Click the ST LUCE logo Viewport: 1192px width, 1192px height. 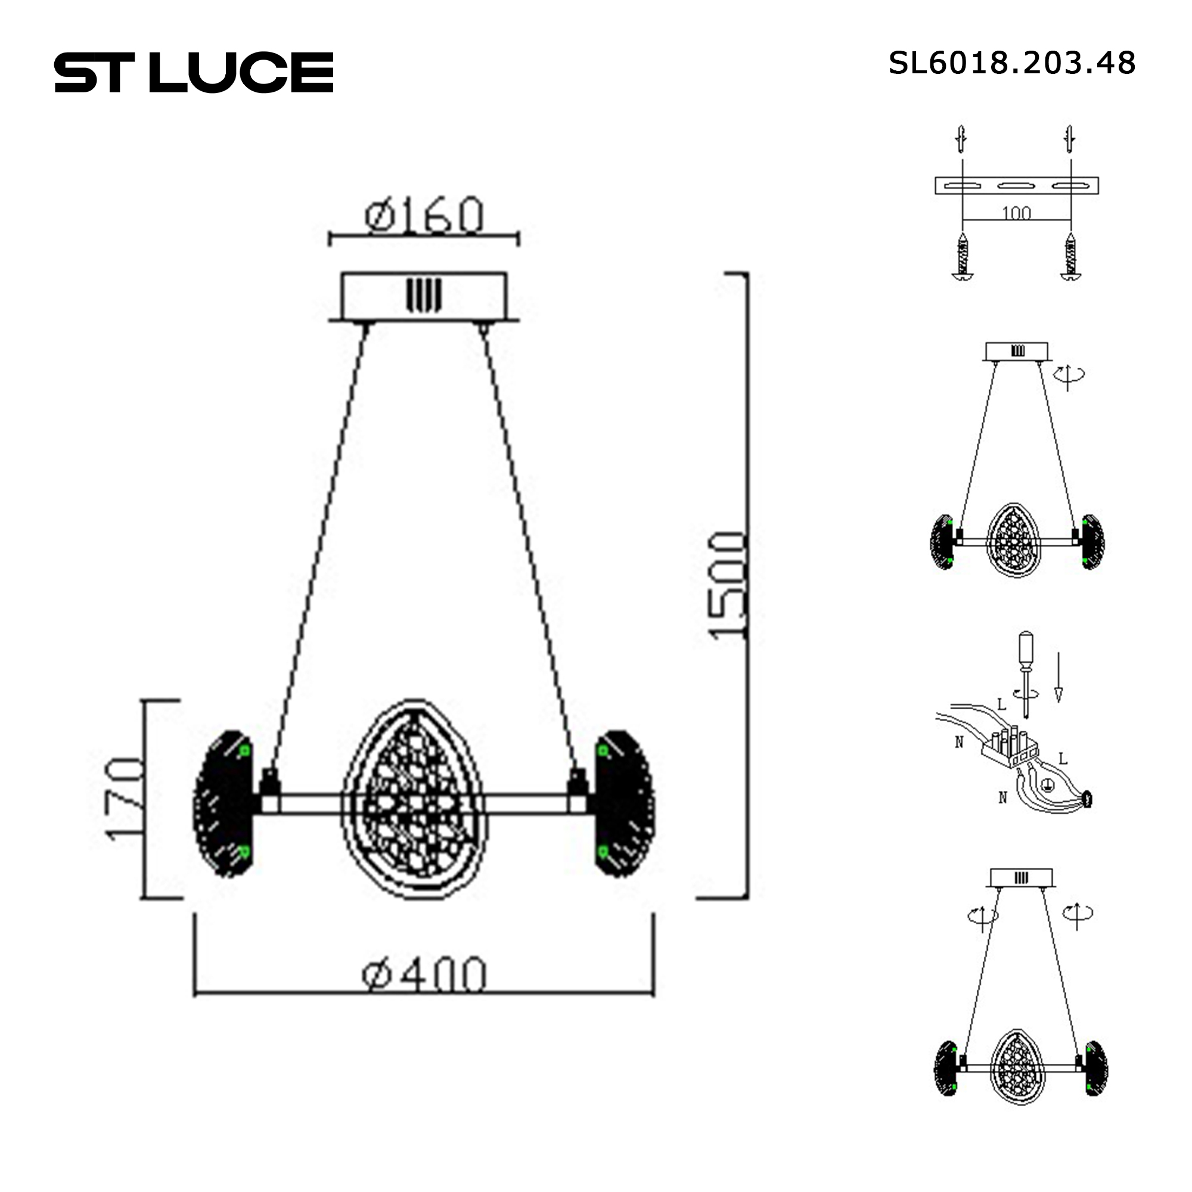coord(194,73)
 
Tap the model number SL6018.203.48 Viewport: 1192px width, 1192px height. coord(1011,63)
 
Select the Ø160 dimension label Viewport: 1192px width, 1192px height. coord(424,216)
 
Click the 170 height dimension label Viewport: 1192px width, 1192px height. coord(126,799)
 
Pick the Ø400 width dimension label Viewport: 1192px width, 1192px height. coord(424,976)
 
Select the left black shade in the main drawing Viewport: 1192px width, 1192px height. coord(223,802)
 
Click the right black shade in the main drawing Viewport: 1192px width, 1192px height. coord(623,802)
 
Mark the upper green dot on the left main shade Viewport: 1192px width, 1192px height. coord(244,751)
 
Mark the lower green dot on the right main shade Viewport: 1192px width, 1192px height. coord(603,852)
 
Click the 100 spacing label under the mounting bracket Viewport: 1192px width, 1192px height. coord(1016,213)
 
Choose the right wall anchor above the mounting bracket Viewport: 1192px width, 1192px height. coord(1070,139)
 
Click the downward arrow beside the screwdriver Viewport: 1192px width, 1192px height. coord(1058,677)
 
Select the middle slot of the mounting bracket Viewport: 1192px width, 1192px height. coord(1016,186)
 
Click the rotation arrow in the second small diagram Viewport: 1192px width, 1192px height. coord(1069,374)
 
